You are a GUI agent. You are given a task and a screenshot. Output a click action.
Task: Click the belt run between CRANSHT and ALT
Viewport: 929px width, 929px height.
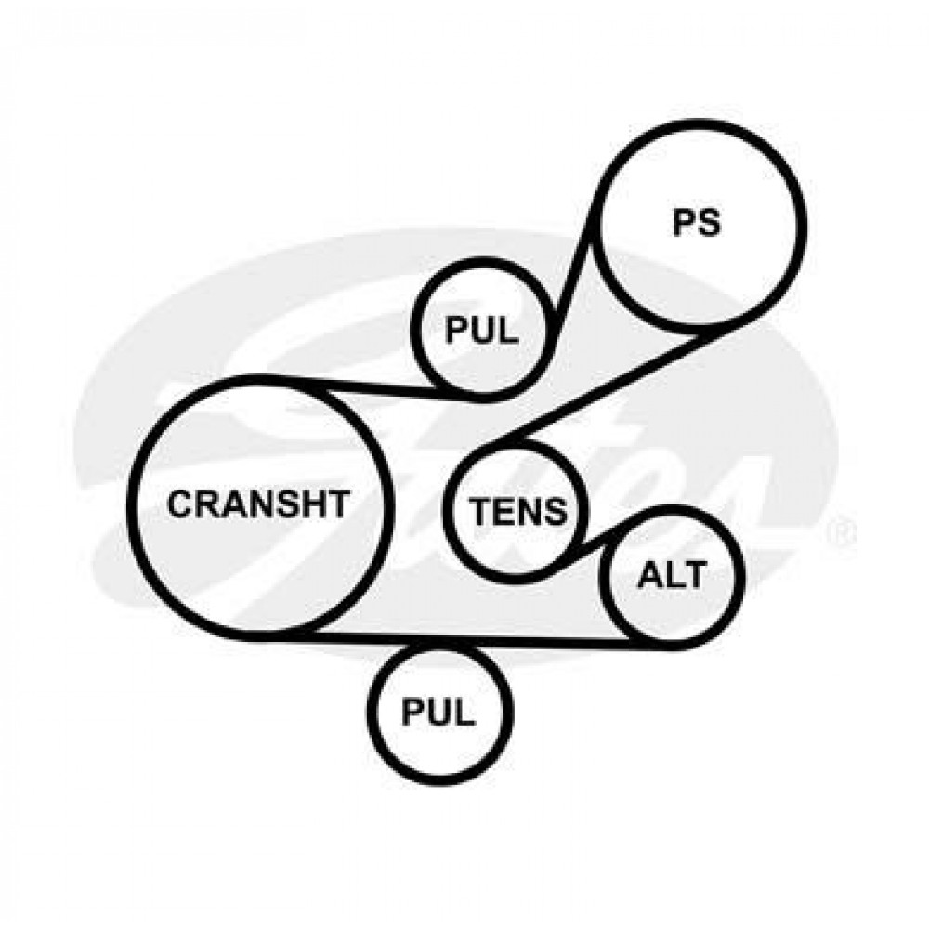pyautogui.click(x=464, y=639)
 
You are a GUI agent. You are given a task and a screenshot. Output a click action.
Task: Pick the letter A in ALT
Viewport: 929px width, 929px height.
pyautogui.click(x=648, y=575)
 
